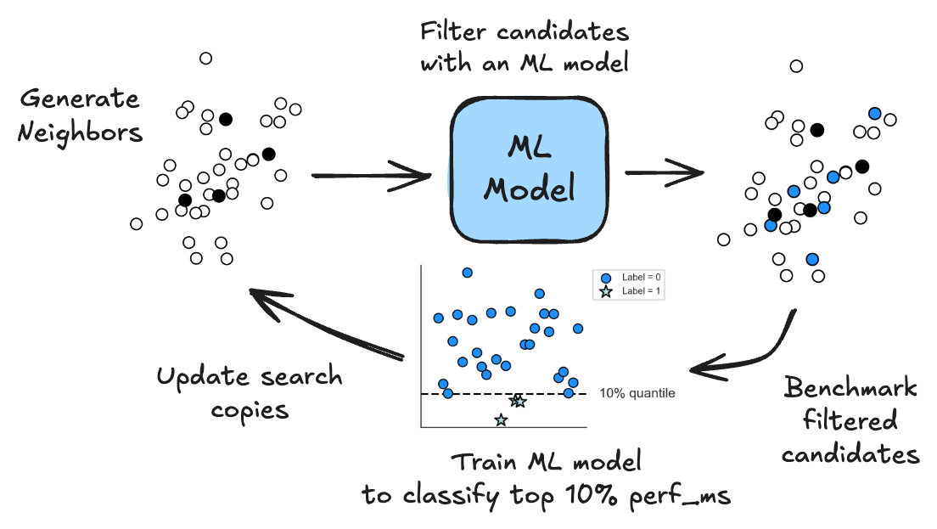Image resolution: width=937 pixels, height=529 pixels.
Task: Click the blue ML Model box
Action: click(x=530, y=170)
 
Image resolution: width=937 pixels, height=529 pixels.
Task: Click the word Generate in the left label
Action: click(x=79, y=99)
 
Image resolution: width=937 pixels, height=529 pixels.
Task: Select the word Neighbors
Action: click(x=80, y=132)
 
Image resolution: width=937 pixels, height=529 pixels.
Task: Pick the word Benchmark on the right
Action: click(x=850, y=389)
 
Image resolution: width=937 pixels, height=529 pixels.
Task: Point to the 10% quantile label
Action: click(x=637, y=393)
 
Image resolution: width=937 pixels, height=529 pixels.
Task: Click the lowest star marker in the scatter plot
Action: click(x=501, y=419)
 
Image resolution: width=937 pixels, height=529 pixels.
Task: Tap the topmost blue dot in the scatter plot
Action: click(x=467, y=273)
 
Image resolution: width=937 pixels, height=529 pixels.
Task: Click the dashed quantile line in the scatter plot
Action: click(x=475, y=394)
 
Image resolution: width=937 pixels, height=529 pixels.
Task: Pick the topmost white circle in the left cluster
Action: click(x=205, y=58)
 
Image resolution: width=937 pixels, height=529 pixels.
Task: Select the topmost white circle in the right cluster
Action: click(x=796, y=66)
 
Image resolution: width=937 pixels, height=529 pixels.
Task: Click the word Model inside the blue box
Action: click(x=529, y=189)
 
